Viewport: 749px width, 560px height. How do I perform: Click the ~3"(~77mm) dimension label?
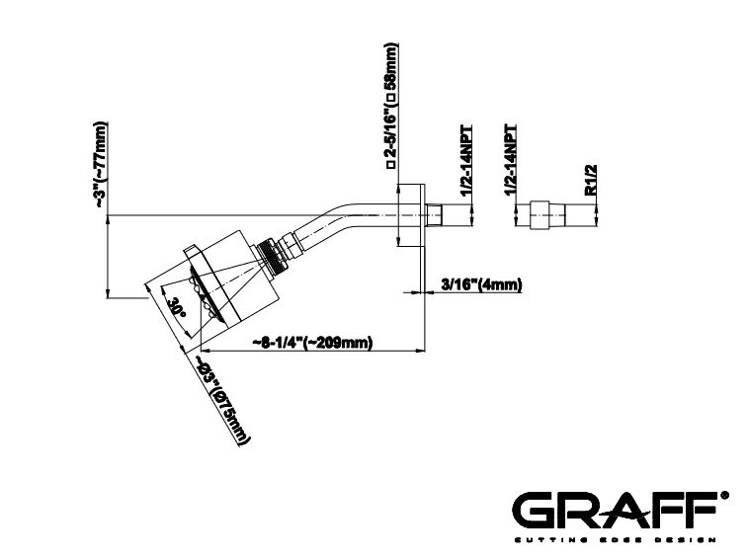coord(101,165)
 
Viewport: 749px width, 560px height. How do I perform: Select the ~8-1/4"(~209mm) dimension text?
coord(313,343)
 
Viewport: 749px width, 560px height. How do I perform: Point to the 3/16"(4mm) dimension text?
coord(481,284)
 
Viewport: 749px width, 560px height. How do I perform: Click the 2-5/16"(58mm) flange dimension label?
coord(390,106)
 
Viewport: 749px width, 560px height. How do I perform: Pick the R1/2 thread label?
coord(591,180)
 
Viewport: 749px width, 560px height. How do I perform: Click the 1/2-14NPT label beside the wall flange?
coord(465,160)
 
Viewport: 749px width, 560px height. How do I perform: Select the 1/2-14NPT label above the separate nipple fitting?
coord(510,159)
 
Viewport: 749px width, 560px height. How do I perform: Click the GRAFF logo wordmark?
coord(615,511)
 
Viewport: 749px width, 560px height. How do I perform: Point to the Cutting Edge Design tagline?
coord(615,540)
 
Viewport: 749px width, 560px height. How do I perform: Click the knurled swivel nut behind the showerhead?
coord(272,257)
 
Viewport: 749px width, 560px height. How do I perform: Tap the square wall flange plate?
coord(410,215)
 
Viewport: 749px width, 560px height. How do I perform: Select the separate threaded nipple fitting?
coord(548,215)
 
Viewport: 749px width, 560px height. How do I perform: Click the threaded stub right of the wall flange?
coord(435,215)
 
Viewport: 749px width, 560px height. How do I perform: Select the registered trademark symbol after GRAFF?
coord(725,496)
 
